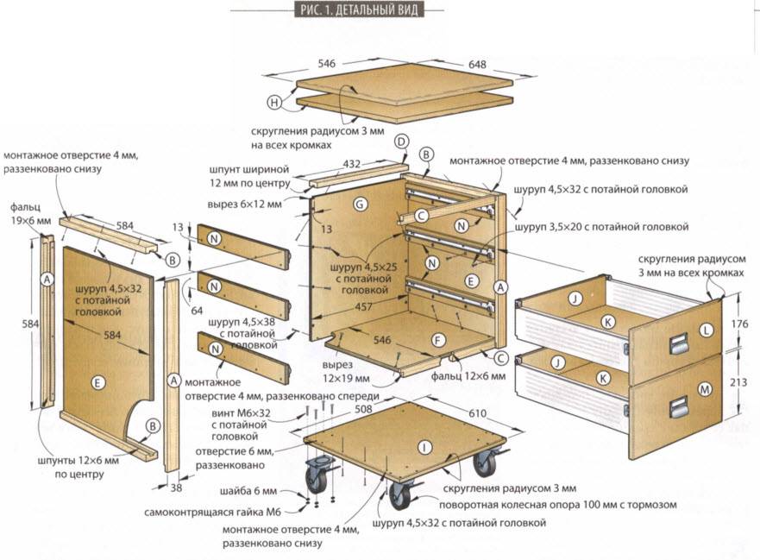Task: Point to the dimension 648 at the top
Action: [477, 65]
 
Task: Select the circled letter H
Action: [274, 104]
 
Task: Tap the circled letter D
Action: [401, 142]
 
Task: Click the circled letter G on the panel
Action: [361, 204]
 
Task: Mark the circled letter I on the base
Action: [424, 447]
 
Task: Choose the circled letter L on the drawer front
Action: [707, 329]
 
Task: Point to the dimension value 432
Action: [352, 163]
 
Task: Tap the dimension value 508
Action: [362, 411]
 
